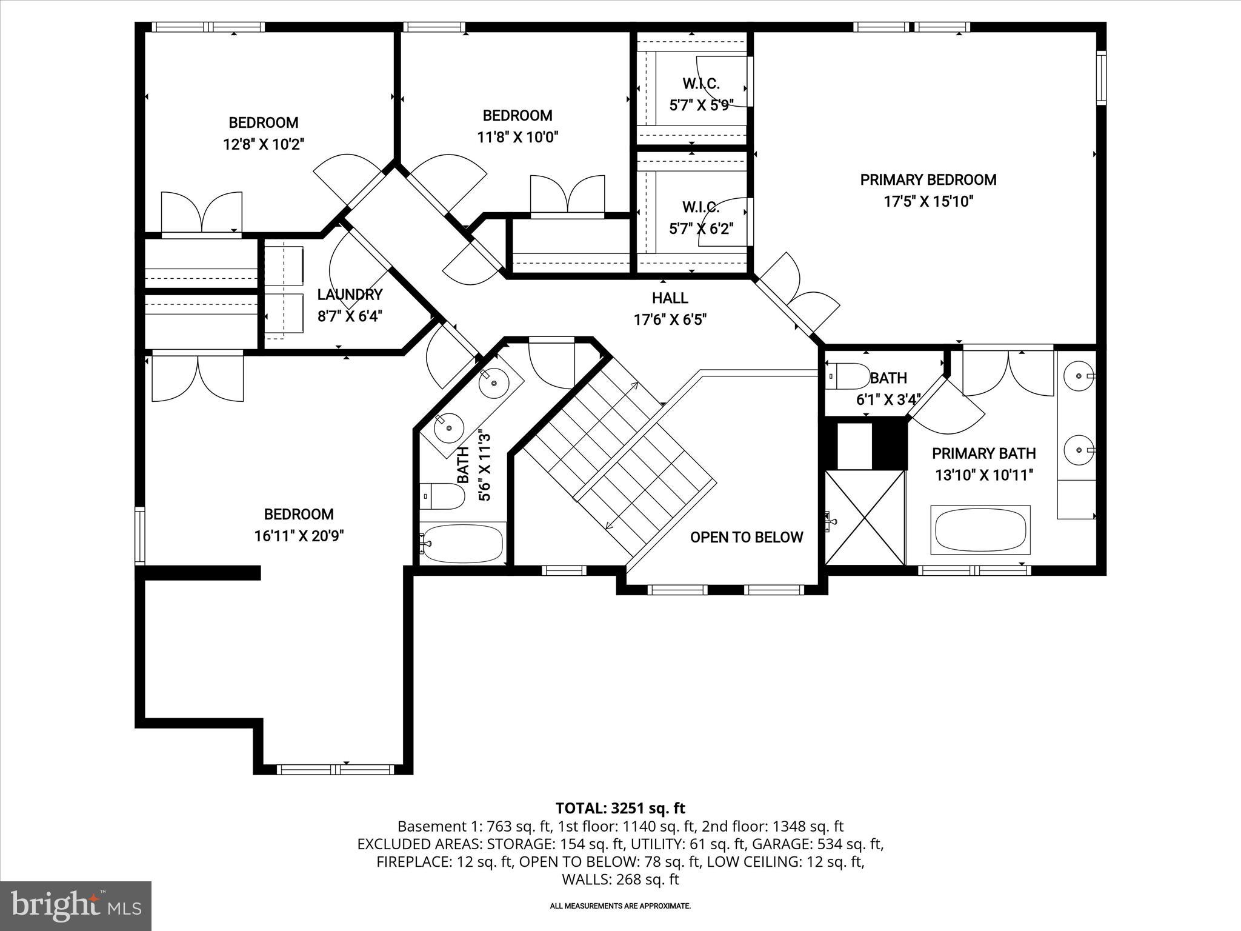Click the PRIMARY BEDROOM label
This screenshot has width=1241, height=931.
click(928, 179)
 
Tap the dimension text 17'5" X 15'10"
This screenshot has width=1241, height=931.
click(928, 201)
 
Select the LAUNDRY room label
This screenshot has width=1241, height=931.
click(350, 295)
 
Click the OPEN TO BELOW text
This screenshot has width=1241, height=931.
click(747, 537)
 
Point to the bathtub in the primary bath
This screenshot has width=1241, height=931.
click(982, 530)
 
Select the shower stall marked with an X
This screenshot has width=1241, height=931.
click(865, 517)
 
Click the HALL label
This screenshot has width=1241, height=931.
click(670, 298)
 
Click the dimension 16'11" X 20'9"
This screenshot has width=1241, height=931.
click(299, 536)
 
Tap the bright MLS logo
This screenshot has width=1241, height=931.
click(76, 905)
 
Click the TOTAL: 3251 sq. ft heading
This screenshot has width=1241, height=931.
click(620, 808)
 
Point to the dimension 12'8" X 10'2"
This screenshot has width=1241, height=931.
click(263, 144)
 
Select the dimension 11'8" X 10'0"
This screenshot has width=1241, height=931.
click(517, 137)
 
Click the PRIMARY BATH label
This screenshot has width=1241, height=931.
click(983, 453)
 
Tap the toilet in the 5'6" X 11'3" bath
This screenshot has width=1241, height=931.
click(441, 495)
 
